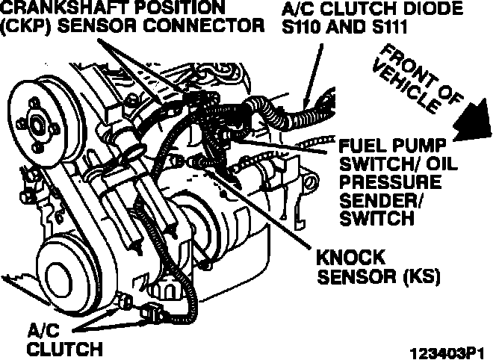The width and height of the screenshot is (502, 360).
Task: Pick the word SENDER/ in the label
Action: (x=371, y=201)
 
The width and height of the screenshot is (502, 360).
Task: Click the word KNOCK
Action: (x=350, y=258)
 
